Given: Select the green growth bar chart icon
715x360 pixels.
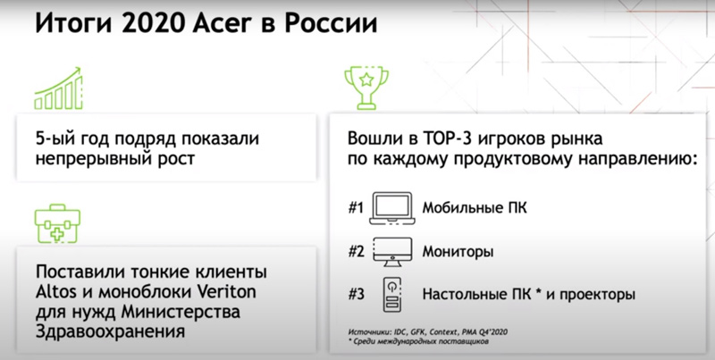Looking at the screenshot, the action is tap(58, 88).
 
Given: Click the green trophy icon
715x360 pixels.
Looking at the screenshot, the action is tap(366, 88).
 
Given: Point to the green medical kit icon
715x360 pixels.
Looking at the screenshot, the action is tap(57, 223).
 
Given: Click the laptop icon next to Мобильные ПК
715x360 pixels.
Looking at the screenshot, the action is tap(392, 208).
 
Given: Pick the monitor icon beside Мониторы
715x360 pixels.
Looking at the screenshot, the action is tap(392, 252).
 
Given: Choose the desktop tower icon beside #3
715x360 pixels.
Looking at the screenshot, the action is tap(392, 294).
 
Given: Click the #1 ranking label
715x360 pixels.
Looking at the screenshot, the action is tap(356, 208).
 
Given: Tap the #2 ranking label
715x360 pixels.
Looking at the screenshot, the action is tap(356, 252).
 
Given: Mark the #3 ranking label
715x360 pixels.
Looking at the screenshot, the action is tap(356, 295).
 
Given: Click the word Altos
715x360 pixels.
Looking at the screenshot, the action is tap(55, 292).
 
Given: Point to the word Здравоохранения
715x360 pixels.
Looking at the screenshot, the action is tap(110, 331).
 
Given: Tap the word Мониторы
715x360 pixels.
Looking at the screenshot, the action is tap(458, 252).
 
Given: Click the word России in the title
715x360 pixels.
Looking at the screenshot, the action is tap(331, 24).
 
